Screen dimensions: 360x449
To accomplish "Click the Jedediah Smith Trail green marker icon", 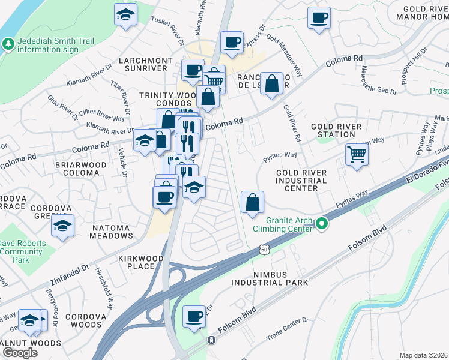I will [x=8, y=44].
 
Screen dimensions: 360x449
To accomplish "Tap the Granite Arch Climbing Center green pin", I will [x=322, y=225].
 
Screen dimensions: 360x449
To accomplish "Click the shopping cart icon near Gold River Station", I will [x=357, y=155].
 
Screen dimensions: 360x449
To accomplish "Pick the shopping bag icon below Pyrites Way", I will [x=253, y=202].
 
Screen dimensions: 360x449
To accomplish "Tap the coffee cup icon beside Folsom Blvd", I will [x=194, y=317].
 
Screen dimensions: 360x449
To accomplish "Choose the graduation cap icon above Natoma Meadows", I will [x=62, y=226].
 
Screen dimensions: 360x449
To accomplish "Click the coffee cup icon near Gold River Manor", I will [x=319, y=17].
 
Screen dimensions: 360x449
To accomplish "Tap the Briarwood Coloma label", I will [x=77, y=168].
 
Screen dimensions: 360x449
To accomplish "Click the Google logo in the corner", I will [x=20, y=352].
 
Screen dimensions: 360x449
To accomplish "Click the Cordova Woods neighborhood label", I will [x=83, y=320].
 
